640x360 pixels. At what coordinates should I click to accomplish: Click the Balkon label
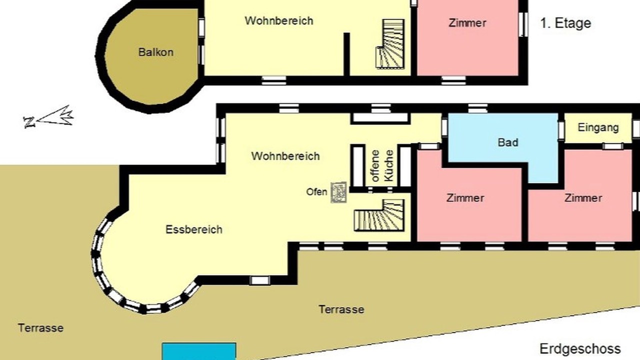point(155,52)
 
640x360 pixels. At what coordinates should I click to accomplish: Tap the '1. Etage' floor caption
point(565,23)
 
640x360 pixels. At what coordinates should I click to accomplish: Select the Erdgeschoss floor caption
point(580,349)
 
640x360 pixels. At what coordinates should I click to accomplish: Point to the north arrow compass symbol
point(48,117)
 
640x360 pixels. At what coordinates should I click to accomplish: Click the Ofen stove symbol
point(338,192)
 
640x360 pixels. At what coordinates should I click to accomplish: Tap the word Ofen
point(316,192)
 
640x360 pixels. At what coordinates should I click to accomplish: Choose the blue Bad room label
point(507,142)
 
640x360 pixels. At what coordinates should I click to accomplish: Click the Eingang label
point(598,127)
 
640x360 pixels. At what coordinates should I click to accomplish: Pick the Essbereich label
point(194,229)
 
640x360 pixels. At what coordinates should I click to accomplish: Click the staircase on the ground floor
point(379,215)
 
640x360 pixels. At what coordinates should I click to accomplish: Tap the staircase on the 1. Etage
point(390,44)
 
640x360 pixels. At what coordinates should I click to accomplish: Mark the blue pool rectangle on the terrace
point(199,351)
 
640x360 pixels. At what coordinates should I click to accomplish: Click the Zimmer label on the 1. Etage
point(467,23)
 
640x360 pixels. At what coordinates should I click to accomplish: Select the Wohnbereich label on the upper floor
point(279,21)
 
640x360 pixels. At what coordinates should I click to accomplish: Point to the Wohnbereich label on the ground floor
point(285,156)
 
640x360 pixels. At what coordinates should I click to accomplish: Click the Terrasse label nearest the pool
point(341,309)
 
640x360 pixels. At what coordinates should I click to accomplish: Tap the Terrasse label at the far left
point(40,328)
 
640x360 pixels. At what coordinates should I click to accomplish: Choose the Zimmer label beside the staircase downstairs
point(465,198)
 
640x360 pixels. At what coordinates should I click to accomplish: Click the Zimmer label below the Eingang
point(583,198)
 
